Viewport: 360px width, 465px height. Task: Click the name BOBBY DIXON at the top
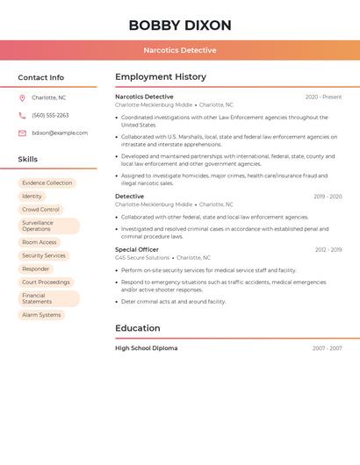[180, 25]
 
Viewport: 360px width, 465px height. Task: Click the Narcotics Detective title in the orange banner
[180, 50]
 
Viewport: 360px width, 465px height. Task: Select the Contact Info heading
[41, 77]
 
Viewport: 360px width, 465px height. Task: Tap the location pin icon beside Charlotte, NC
[22, 97]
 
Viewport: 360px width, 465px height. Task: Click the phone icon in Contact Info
[22, 115]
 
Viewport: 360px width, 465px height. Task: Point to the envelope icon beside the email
[22, 132]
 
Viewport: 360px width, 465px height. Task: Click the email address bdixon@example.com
[60, 132]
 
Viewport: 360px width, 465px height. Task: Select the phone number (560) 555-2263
[50, 115]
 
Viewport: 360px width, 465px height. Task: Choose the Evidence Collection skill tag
[47, 182]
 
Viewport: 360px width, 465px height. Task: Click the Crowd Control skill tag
[41, 210]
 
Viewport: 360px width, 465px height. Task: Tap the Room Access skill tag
[40, 242]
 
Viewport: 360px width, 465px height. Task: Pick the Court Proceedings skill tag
[46, 282]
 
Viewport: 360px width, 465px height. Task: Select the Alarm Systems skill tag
[41, 314]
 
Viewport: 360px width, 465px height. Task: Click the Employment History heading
[161, 77]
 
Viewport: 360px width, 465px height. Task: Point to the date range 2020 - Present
[323, 97]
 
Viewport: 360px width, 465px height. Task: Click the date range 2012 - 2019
[328, 249]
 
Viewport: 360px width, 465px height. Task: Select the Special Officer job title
[137, 249]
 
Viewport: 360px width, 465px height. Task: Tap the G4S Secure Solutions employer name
[142, 258]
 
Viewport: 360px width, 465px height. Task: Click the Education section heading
[138, 328]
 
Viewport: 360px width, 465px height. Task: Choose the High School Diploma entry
[146, 348]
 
